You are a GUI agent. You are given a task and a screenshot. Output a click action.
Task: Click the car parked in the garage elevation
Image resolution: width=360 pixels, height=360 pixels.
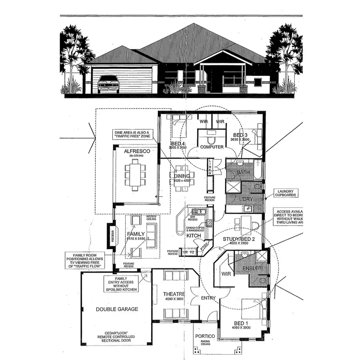click(108, 84)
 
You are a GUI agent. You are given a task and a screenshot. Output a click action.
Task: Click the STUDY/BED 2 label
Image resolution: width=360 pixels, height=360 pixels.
click(239, 238)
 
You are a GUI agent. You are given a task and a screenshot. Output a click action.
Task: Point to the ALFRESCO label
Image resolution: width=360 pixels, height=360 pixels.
click(134, 151)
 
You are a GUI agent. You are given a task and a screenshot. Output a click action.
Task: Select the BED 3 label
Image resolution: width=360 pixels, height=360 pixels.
click(240, 135)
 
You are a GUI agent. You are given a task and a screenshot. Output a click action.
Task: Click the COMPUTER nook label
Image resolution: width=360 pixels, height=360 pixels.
click(212, 147)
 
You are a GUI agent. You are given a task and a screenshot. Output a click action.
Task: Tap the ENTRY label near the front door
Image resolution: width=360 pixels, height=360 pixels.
click(207, 298)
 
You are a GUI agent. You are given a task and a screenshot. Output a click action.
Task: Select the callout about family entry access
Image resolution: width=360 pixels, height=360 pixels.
click(121, 284)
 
